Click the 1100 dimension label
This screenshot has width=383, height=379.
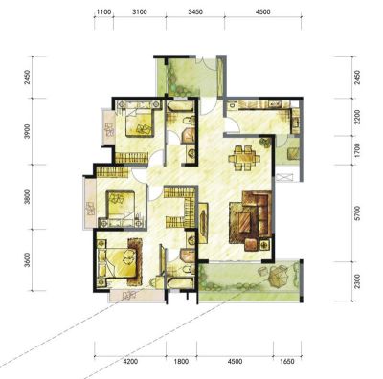pyautogui.click(x=103, y=12)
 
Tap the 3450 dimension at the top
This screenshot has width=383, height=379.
pyautogui.click(x=195, y=12)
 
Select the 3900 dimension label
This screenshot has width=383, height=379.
pyautogui.click(x=28, y=131)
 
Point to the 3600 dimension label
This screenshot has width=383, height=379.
pyautogui.click(x=28, y=259)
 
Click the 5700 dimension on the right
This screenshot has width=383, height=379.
pyautogui.click(x=357, y=213)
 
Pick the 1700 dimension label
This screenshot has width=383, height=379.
pyautogui.click(x=357, y=150)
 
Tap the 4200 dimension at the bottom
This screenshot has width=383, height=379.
pyautogui.click(x=130, y=362)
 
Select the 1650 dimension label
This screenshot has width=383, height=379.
pyautogui.click(x=286, y=362)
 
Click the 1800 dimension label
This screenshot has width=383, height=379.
pyautogui.click(x=181, y=362)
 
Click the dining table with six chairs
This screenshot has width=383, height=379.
pyautogui.click(x=244, y=157)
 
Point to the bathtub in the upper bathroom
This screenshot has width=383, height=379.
pyautogui.click(x=180, y=106)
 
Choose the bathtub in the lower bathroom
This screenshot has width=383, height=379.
pyautogui.click(x=180, y=282)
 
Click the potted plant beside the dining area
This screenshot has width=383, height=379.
pyautogui.click(x=265, y=143)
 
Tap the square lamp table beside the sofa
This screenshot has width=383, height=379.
pyautogui.click(x=264, y=245)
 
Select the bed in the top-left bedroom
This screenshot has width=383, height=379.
pyautogui.click(x=139, y=123)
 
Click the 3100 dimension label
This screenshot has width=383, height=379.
pyautogui.click(x=140, y=12)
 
